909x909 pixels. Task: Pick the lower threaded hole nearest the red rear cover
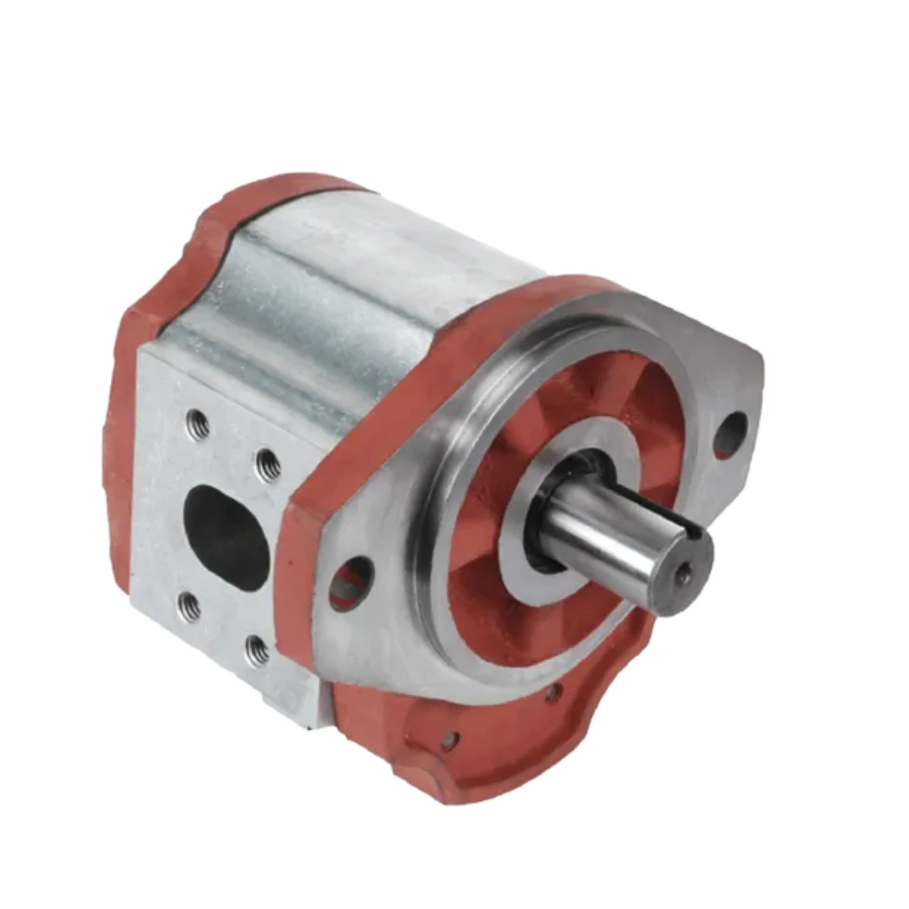(189, 606)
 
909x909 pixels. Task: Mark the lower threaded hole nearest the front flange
(258, 649)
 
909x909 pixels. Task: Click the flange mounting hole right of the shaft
(730, 434)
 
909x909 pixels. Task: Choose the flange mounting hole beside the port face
(351, 584)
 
